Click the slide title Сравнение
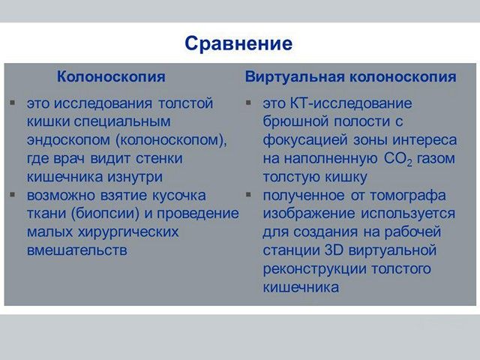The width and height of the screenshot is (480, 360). click(x=238, y=43)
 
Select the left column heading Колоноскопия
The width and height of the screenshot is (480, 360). click(x=111, y=77)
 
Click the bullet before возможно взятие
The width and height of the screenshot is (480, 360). click(x=13, y=195)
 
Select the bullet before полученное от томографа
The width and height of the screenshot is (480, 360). click(x=250, y=195)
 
